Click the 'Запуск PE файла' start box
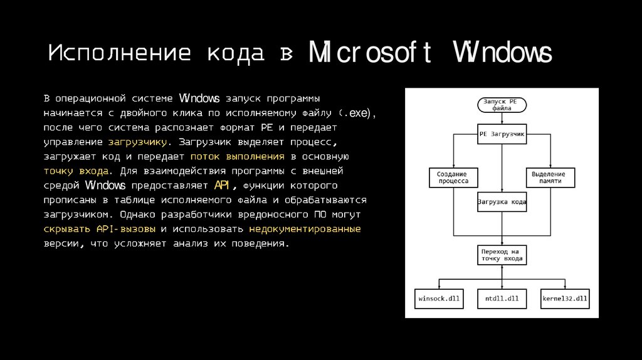pyautogui.click(x=502, y=105)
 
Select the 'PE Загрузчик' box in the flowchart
pyautogui.click(x=502, y=134)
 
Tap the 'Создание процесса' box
pyautogui.click(x=453, y=177)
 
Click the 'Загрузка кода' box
pyautogui.click(x=502, y=203)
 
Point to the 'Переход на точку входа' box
pyautogui.click(x=502, y=255)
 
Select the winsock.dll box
pyautogui.click(x=439, y=299)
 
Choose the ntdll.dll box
pyautogui.click(x=502, y=299)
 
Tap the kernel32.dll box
pyautogui.click(x=565, y=299)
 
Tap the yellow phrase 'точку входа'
pyautogui.click(x=78, y=171)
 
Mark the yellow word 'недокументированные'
pyautogui.click(x=305, y=229)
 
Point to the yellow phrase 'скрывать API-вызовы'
pyautogui.click(x=100, y=229)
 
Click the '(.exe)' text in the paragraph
pyautogui.click(x=357, y=114)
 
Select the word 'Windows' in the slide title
pyautogui.click(x=503, y=54)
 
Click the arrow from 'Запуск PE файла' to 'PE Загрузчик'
pyautogui.click(x=502, y=119)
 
